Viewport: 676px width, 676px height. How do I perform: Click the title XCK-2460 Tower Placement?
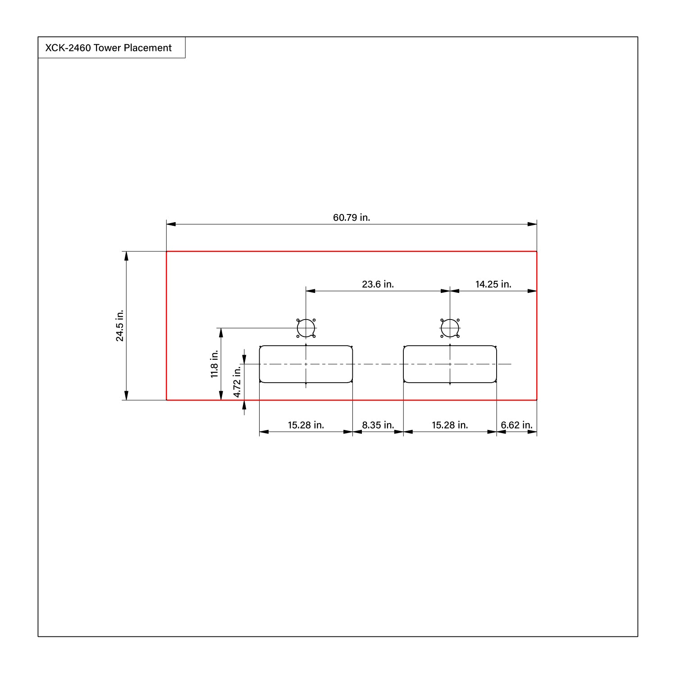coord(108,48)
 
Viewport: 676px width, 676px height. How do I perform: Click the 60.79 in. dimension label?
coord(352,218)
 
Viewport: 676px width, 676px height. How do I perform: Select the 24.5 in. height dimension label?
coord(120,326)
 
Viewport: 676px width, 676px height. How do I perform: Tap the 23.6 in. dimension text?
coord(378,284)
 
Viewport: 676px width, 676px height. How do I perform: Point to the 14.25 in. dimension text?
coord(493,284)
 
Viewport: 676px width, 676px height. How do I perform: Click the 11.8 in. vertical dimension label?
coord(215,364)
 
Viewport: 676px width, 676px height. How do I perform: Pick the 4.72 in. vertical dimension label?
coord(237,382)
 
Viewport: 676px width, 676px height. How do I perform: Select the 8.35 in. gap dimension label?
coord(378,425)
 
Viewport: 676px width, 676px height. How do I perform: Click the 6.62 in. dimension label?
coord(516,425)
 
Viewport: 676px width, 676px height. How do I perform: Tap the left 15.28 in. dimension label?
coord(306,425)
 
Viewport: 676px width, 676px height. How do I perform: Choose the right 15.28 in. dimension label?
coord(450,425)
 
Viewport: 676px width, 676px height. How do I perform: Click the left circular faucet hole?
coord(306,328)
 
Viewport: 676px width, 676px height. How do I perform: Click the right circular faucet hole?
coord(450,328)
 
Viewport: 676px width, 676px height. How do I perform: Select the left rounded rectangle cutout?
coord(306,364)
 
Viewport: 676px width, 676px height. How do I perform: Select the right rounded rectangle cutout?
coord(450,364)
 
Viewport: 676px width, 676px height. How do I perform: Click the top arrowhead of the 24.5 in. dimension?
coord(127,256)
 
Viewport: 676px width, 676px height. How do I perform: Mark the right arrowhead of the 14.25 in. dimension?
coord(533,291)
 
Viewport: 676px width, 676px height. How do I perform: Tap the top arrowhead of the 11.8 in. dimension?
coord(221,332)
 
